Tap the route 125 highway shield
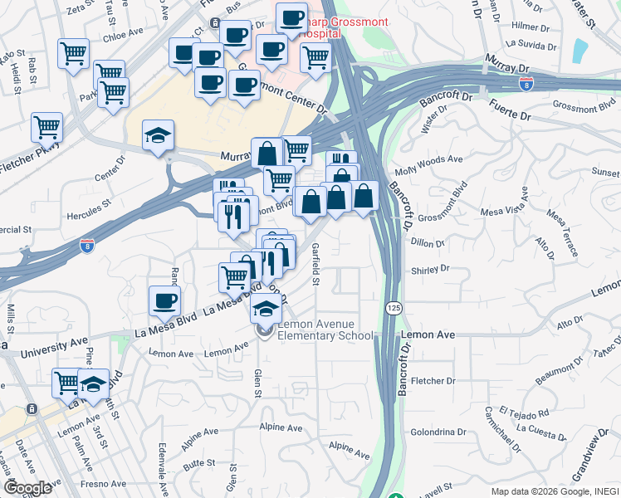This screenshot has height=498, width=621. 394,308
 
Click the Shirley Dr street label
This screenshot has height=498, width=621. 430,270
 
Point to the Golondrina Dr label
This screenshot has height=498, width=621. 442,432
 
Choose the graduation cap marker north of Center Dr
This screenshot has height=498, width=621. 158,136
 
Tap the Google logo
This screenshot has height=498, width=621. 28,488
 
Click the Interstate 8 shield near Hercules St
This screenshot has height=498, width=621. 87,245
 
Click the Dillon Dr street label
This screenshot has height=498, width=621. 428,242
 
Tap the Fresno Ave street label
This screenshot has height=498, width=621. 104,483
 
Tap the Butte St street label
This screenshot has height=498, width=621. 198,463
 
